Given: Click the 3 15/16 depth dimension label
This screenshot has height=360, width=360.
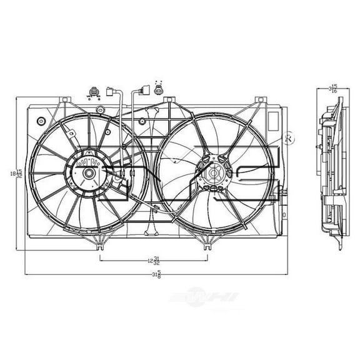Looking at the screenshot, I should point(334,89).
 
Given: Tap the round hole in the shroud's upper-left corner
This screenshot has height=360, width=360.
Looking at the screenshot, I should point(41,119).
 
